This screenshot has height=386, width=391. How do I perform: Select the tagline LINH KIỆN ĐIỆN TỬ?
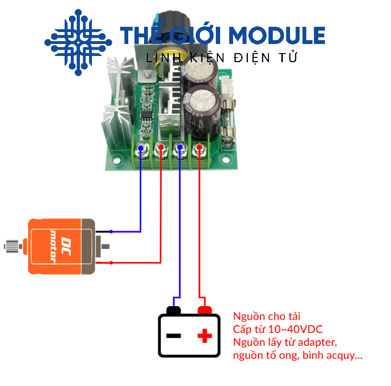point(222,58)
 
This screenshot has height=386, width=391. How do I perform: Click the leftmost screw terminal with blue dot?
point(141,149)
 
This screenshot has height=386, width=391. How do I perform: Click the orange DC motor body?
point(55,246)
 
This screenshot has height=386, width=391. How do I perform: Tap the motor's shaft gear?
point(10,247)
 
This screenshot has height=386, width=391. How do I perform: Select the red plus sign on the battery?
point(205,335)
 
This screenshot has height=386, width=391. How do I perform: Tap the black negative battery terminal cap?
point(173,310)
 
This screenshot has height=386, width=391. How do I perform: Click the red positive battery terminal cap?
point(205,310)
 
